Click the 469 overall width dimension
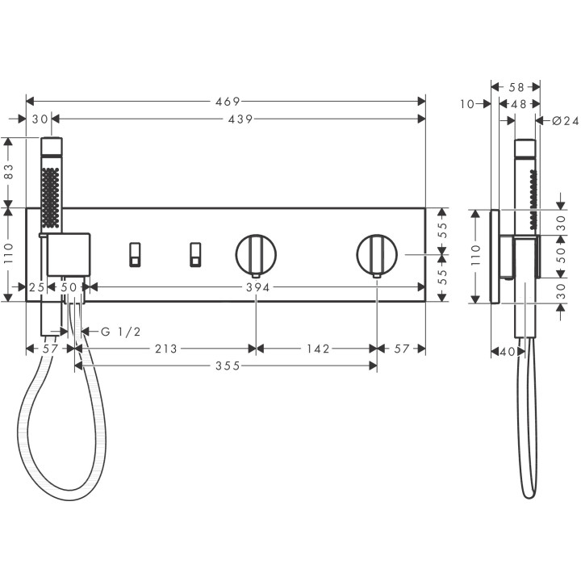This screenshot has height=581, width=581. (x=227, y=102)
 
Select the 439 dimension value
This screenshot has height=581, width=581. (x=239, y=119)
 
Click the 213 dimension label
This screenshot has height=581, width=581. (x=165, y=349)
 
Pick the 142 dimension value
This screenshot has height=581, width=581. (x=317, y=349)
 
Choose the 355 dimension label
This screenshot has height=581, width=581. (x=227, y=366)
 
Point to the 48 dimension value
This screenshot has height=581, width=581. (x=519, y=103)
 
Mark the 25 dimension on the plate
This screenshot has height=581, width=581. (x=36, y=287)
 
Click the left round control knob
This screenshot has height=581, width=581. (x=256, y=254)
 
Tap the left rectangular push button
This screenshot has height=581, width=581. (x=134, y=254)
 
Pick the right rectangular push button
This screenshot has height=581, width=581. (x=194, y=254)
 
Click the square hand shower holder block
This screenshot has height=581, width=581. (x=69, y=253)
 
